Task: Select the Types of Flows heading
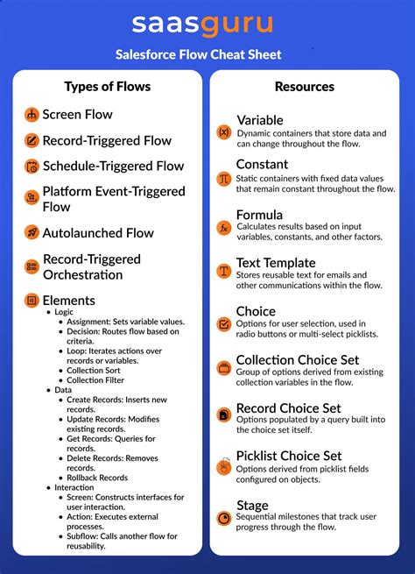click(x=108, y=86)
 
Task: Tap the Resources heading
click(x=304, y=87)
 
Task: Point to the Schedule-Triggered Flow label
click(x=114, y=166)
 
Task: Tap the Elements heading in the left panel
click(x=69, y=300)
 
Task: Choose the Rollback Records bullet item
click(x=97, y=478)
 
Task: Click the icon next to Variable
click(x=224, y=132)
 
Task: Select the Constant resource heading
click(x=262, y=164)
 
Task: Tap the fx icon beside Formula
click(x=224, y=228)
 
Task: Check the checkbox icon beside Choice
click(x=224, y=323)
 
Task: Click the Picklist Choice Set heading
click(x=289, y=456)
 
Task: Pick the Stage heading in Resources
click(x=252, y=505)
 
